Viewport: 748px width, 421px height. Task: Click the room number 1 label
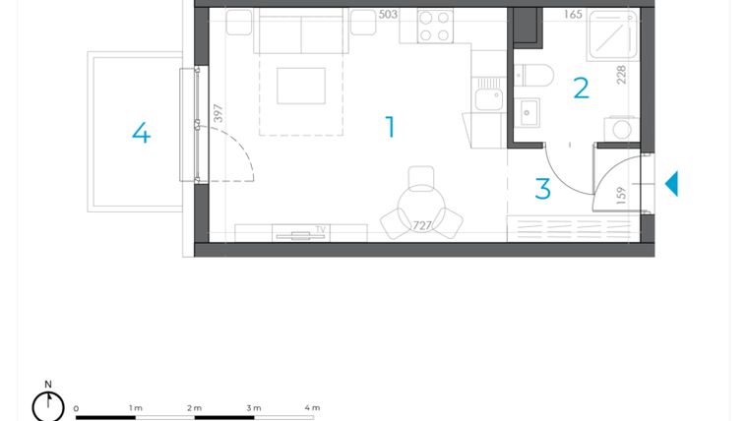point(391,127)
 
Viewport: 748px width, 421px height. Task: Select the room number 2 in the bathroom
point(581,89)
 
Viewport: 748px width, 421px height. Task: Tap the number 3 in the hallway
point(542,189)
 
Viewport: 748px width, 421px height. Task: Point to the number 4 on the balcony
point(141,133)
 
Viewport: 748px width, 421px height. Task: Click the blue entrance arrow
point(671,184)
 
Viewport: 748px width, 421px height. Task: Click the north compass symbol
point(47,404)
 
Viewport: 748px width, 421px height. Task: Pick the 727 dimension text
point(422,225)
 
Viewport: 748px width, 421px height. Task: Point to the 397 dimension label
point(218,115)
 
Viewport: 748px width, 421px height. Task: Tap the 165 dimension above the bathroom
point(573,15)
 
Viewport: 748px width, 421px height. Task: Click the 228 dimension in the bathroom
point(622,76)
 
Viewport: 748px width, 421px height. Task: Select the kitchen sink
point(485,98)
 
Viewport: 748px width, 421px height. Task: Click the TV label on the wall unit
point(320,229)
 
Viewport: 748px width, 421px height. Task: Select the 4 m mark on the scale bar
point(312,407)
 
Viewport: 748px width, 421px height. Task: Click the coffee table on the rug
point(300,85)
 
